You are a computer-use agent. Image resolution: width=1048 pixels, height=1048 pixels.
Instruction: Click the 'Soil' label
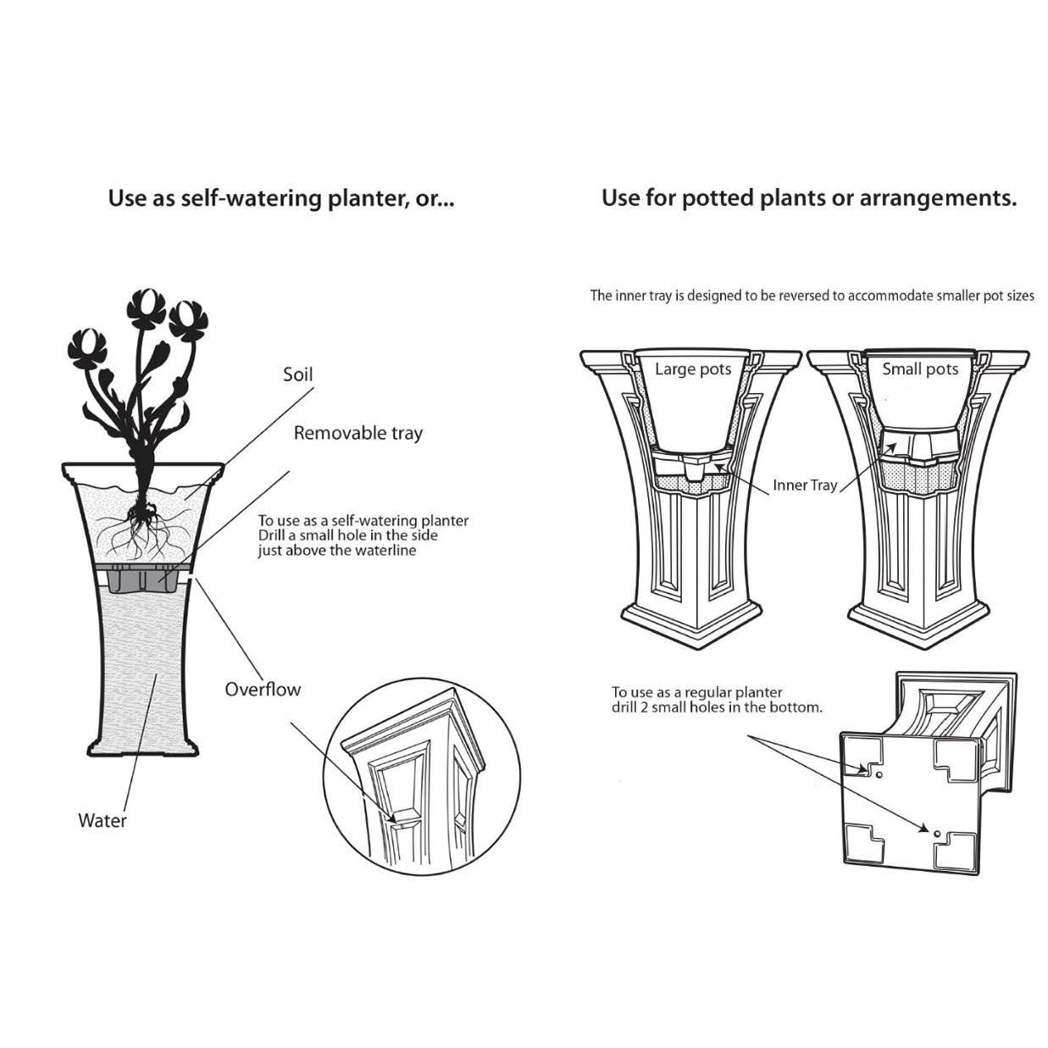point(297,374)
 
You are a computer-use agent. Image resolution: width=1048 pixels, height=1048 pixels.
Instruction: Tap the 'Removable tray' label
point(358,433)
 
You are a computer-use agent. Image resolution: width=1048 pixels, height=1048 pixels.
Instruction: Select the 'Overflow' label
point(263,689)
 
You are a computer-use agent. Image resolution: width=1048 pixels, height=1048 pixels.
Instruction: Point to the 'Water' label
point(102,820)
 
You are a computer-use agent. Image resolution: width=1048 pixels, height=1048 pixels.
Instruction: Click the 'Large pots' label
point(692,369)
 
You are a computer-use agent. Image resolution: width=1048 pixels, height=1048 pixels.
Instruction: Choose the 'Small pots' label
point(919,369)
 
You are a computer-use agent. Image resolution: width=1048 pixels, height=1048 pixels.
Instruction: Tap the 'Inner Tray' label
point(804,485)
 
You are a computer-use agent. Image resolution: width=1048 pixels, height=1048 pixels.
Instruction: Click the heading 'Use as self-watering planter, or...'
point(280,198)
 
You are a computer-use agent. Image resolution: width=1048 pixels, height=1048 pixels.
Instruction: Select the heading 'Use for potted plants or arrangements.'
point(808,198)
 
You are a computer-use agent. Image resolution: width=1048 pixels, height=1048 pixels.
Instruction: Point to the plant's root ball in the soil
point(141,513)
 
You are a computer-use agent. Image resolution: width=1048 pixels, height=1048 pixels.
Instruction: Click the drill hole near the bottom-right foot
point(936,834)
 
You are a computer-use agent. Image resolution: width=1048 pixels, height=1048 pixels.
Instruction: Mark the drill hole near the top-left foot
point(879,774)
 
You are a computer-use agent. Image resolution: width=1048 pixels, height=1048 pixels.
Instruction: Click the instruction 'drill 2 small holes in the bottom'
point(717,707)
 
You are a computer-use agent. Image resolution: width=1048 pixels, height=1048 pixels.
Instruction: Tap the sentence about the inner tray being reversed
point(812,296)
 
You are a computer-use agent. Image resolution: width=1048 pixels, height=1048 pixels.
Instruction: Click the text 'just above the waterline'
point(336,551)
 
